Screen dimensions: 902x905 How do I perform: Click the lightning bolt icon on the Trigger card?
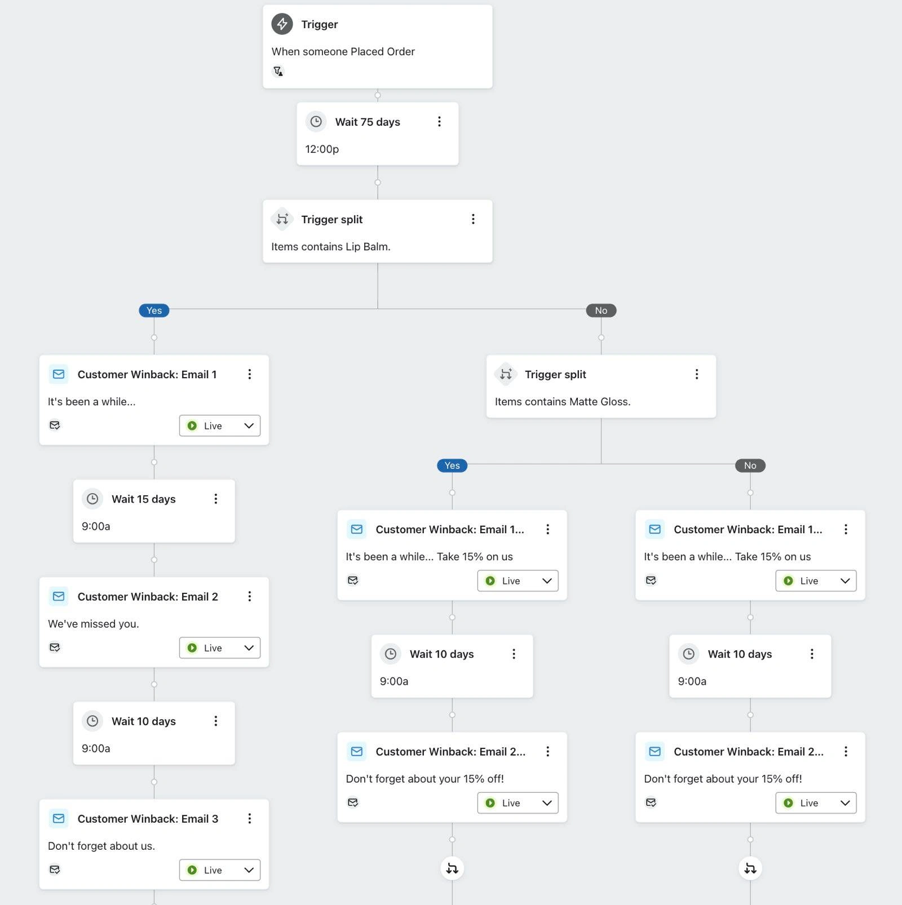(x=282, y=24)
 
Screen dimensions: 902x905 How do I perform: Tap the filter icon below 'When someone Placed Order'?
(x=278, y=72)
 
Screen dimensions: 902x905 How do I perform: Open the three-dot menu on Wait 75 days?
(x=439, y=122)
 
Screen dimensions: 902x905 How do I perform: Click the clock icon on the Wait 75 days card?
(x=316, y=122)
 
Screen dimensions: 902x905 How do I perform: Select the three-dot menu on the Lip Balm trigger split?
(x=473, y=219)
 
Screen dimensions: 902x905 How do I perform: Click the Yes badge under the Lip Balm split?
(x=154, y=310)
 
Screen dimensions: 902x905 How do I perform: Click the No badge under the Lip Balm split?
(x=601, y=310)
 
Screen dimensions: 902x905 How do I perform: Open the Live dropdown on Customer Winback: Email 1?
(x=220, y=426)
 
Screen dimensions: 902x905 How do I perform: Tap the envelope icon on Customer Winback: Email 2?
(x=59, y=597)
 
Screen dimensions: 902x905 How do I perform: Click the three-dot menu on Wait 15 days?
(x=215, y=499)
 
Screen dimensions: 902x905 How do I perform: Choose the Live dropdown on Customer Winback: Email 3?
(x=220, y=870)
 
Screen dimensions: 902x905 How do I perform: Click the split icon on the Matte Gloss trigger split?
(x=506, y=374)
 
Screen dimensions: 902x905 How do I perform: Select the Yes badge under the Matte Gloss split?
(x=452, y=465)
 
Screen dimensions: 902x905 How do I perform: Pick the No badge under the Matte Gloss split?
(x=750, y=465)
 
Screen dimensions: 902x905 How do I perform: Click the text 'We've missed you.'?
(x=94, y=624)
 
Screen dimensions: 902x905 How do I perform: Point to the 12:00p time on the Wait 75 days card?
(x=322, y=149)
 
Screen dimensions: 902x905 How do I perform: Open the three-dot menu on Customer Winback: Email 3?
(x=249, y=819)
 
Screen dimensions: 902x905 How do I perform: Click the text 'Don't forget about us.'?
(x=101, y=846)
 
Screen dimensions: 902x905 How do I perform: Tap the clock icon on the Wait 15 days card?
(x=92, y=499)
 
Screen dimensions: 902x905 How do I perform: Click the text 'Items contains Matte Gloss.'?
(x=563, y=402)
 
